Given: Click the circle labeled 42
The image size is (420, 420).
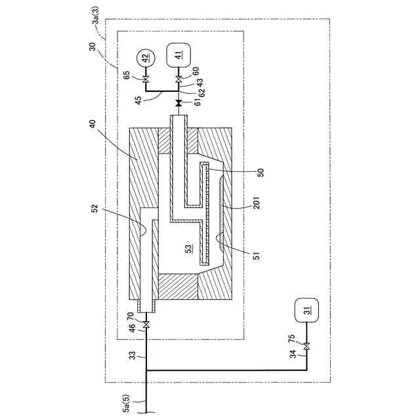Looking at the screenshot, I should [x=145, y=58].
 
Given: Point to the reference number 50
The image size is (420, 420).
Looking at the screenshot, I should [x=259, y=171].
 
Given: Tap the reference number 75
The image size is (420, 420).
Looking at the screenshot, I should [x=293, y=339].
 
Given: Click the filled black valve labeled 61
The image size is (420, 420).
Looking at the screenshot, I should [x=178, y=104].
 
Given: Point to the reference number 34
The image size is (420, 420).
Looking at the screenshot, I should [x=293, y=355].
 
